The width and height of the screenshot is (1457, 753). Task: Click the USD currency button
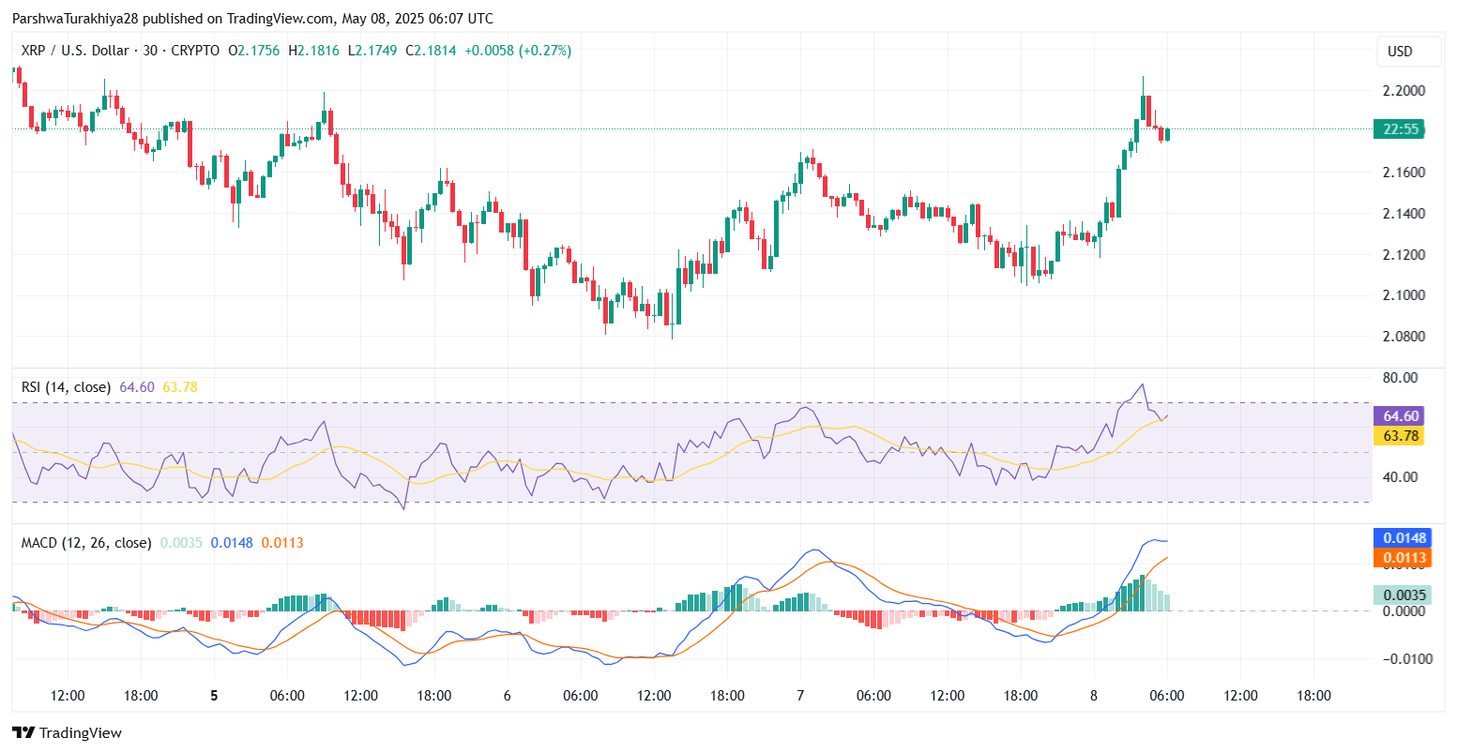click(1400, 52)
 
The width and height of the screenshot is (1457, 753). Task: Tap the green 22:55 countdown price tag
click(1400, 129)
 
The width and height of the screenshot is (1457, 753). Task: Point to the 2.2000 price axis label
click(1404, 91)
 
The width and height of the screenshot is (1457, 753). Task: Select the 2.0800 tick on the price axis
click(1404, 337)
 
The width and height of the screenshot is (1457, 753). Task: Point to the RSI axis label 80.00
click(1400, 378)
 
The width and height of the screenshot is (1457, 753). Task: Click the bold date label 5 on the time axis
click(214, 696)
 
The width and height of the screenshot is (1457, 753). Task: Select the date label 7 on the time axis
click(799, 696)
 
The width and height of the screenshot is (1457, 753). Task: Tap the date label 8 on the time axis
click(1093, 696)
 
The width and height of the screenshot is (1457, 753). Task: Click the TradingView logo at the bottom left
click(67, 733)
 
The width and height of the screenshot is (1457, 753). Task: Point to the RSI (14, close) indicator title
click(66, 387)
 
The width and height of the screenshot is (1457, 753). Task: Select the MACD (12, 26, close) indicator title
click(86, 543)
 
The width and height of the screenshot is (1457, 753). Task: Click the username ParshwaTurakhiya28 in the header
click(75, 19)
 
